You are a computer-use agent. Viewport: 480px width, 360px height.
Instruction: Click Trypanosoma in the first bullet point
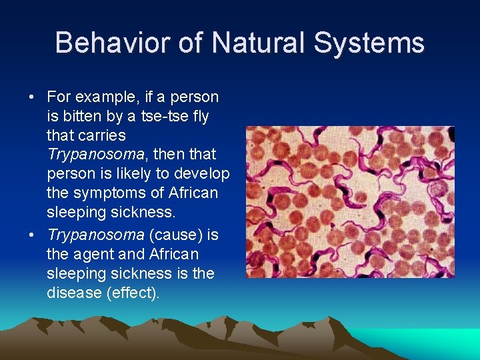[x=95, y=155]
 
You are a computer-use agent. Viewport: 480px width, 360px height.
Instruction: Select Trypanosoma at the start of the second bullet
[x=95, y=235]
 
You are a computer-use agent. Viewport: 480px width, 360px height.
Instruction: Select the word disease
[x=73, y=293]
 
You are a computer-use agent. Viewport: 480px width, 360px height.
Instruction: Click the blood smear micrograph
[x=350, y=202]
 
